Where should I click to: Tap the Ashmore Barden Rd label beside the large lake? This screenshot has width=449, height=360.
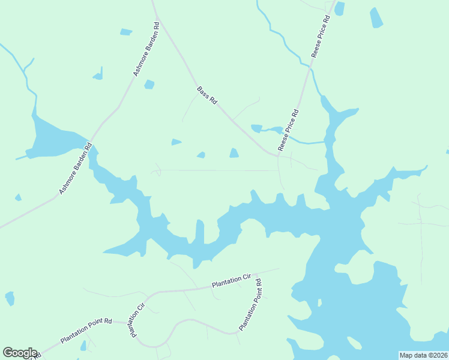pyautogui.click(x=76, y=168)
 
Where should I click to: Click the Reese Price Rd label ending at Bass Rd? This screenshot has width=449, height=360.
pyautogui.click(x=288, y=130)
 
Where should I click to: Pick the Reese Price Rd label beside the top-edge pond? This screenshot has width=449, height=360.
pyautogui.click(x=321, y=36)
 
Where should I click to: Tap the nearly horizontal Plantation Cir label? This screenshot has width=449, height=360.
pyautogui.click(x=231, y=281)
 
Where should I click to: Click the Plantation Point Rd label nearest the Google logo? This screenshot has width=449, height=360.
pyautogui.click(x=86, y=331)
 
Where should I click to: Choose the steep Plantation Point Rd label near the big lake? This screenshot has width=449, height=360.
pyautogui.click(x=250, y=305)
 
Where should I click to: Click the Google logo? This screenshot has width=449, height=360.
pyautogui.click(x=20, y=353)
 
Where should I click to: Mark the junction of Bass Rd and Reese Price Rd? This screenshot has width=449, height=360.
pyautogui.click(x=279, y=155)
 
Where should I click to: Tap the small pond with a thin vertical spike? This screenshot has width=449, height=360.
pyautogui.click(x=98, y=75)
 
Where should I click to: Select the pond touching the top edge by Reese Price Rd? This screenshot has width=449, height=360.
pyautogui.click(x=339, y=8)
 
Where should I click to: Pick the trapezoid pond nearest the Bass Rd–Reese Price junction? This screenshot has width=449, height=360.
pyautogui.click(x=234, y=154)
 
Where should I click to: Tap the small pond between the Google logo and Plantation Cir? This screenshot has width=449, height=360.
pyautogui.click(x=83, y=345)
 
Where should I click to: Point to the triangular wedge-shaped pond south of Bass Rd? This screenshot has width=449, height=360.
pyautogui.click(x=176, y=142)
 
